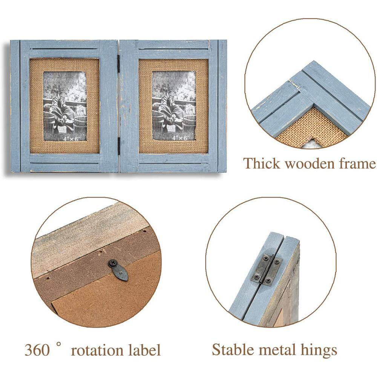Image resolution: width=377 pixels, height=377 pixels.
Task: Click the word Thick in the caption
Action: coord(262,164)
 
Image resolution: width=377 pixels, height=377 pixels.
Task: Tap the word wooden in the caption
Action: coord(310,164)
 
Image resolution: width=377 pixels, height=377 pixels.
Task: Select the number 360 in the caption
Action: coord(37,350)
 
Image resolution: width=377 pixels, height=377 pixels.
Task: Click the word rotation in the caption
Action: coord(97,350)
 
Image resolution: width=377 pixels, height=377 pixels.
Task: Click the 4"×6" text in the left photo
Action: coord(72,138)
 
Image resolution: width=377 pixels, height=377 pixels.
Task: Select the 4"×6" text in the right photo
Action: coord(181,138)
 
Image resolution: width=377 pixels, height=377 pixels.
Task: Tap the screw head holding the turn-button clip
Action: coord(112,263)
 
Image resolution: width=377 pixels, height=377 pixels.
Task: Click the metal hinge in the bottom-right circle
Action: coord(267,270)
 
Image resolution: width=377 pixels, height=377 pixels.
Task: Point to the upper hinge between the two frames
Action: coord(118,61)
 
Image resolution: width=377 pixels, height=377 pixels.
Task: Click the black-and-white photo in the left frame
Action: coord(65,106)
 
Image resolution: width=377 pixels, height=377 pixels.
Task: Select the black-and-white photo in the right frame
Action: coord(174,106)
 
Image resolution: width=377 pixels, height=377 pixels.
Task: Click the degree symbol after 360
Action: coord(58,345)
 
